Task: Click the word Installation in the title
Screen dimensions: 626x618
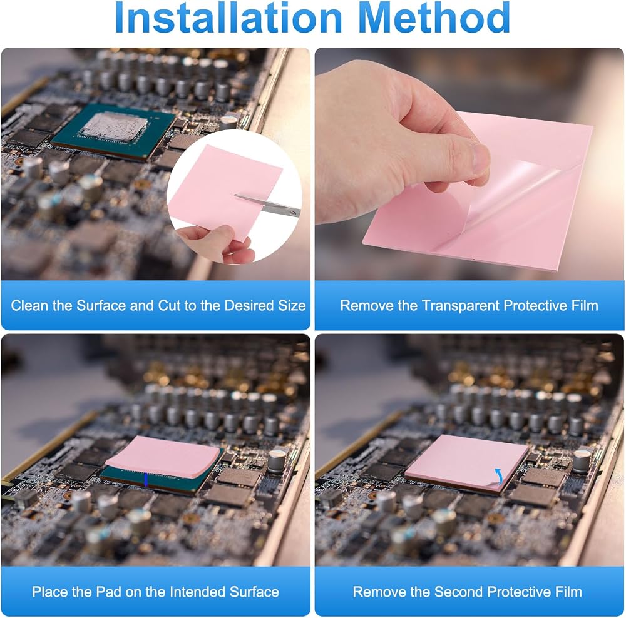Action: point(228,18)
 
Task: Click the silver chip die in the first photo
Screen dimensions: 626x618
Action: point(113,127)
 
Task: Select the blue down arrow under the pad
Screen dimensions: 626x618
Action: point(146,479)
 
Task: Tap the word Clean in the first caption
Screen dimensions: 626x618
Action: point(30,306)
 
